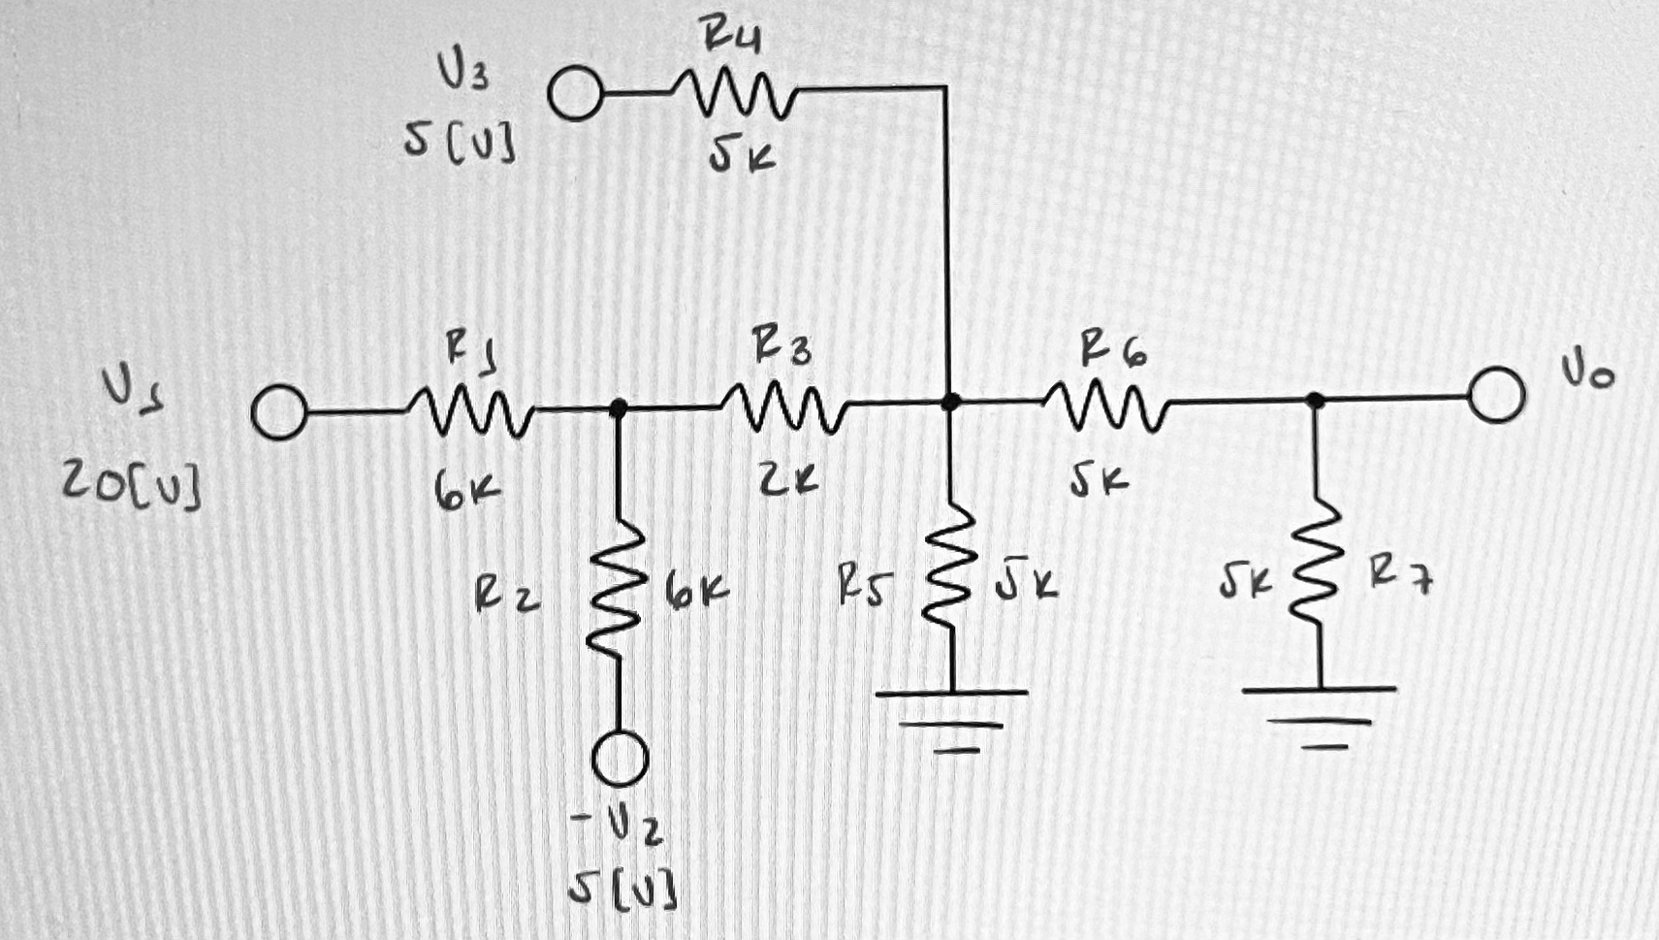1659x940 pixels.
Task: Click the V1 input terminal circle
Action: point(279,413)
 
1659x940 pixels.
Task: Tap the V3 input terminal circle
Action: point(575,95)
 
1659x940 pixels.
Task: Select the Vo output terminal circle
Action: point(1496,395)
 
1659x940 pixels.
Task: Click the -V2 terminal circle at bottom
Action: point(620,758)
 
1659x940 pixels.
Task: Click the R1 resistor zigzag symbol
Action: point(469,411)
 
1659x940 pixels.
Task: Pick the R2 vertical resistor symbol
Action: point(618,592)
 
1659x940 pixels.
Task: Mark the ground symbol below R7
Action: point(1319,716)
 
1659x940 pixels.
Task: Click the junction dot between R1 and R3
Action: point(618,408)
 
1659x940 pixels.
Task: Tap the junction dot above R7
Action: point(1315,399)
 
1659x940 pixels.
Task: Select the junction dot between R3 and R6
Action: point(951,401)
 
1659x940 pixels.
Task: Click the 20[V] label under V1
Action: point(133,485)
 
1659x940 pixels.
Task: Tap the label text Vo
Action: point(1587,371)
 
